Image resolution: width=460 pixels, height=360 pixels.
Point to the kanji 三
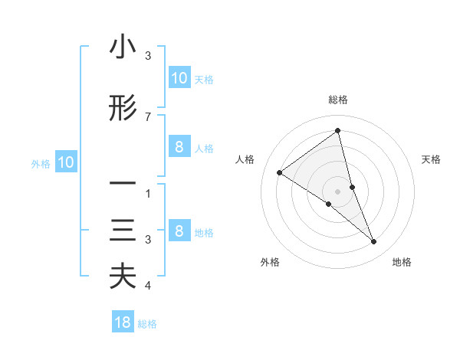(123, 231)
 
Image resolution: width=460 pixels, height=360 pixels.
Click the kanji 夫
(123, 277)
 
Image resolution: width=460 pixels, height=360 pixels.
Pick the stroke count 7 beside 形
(148, 116)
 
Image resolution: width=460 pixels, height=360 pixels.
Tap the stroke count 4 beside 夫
(148, 286)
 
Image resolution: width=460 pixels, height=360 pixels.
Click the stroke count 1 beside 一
(148, 194)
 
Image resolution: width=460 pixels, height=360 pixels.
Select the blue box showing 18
(123, 322)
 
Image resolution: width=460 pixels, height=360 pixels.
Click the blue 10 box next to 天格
(179, 78)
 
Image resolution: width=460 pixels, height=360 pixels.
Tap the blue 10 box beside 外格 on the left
(65, 162)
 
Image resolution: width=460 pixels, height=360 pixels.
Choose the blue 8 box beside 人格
(179, 148)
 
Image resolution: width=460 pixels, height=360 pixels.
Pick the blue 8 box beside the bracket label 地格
(179, 231)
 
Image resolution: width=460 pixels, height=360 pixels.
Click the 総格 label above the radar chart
(338, 100)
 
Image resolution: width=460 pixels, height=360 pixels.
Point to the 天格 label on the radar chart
(431, 159)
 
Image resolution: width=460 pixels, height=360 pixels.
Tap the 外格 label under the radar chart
(270, 262)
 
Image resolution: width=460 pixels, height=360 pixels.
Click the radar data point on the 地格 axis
(374, 242)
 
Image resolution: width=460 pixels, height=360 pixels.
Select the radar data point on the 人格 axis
(279, 172)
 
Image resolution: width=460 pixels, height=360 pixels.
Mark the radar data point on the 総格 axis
(338, 131)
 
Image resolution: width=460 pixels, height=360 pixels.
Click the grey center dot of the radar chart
(338, 191)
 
